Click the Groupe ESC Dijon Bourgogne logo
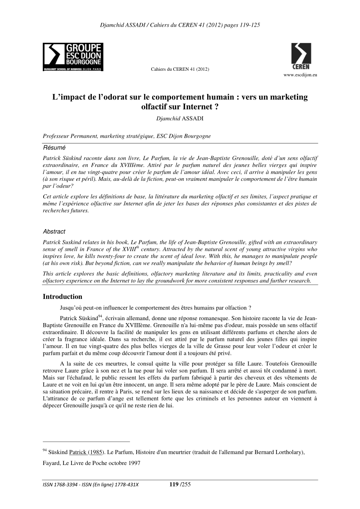pos(73,57)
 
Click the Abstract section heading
pos(54,232)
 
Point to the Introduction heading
pos(63,296)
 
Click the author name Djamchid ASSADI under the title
pos(180,118)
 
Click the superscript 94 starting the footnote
pos(45,450)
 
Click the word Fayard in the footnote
pos(52,462)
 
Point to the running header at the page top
pos(180,25)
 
